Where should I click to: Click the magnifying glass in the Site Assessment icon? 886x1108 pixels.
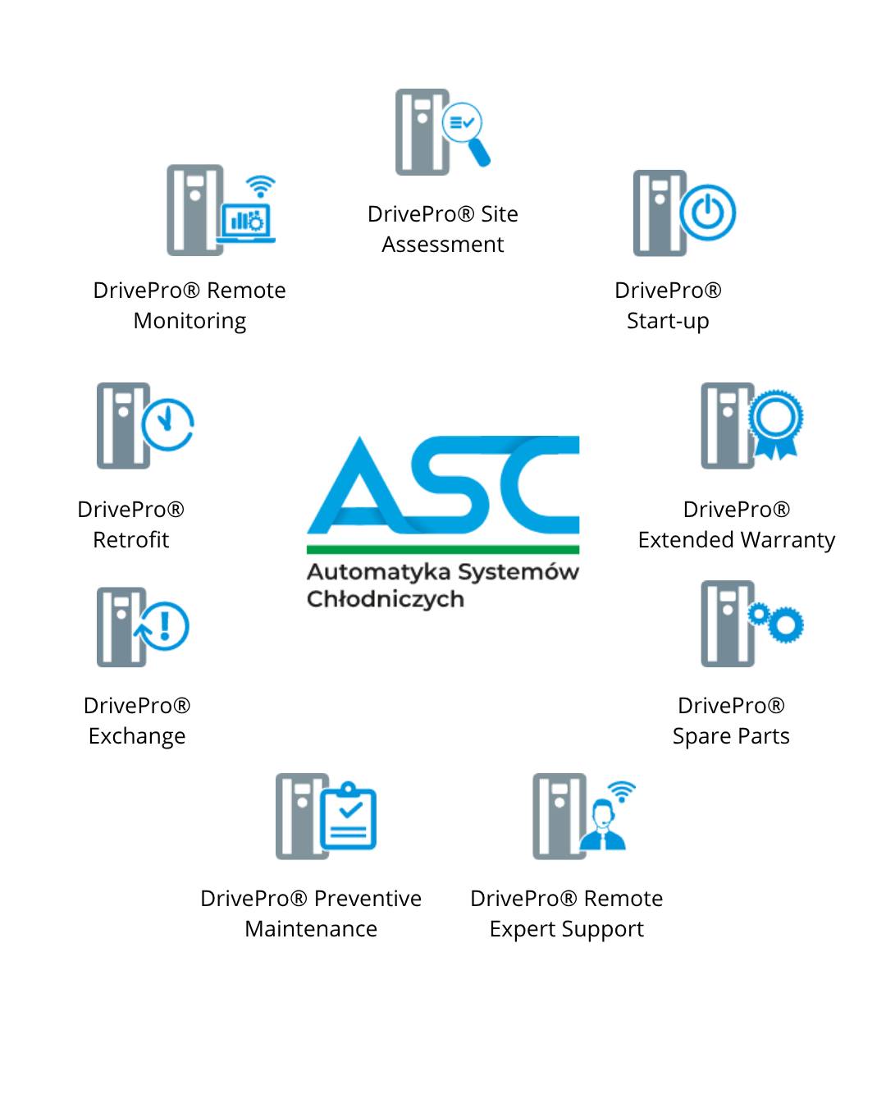click(464, 129)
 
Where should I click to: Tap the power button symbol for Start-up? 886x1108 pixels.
click(708, 213)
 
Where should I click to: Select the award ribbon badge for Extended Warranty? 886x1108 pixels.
click(775, 423)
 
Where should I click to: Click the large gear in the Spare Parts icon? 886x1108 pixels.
click(786, 625)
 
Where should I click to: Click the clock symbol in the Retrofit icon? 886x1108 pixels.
click(167, 424)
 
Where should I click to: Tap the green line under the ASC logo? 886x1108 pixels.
click(443, 548)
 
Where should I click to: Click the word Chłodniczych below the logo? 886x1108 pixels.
click(386, 599)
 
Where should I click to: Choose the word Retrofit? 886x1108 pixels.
click(131, 540)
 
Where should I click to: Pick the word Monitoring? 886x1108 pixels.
click(190, 321)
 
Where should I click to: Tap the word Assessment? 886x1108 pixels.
click(443, 245)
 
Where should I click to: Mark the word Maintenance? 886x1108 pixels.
click(311, 929)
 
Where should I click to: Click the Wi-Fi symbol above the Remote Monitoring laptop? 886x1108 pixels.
click(260, 187)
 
